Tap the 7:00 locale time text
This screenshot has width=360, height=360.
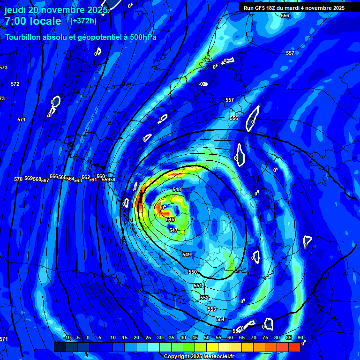[x=33, y=21]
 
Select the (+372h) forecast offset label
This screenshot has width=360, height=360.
[x=83, y=21]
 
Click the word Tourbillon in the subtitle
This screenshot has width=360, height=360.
[x=24, y=37]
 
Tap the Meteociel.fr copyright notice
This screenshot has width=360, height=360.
[x=199, y=356]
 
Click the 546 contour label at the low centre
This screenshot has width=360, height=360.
[x=170, y=219]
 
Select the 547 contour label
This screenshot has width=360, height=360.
[x=173, y=230]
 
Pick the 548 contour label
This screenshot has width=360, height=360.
[x=177, y=189]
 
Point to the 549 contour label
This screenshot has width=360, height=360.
[x=187, y=255]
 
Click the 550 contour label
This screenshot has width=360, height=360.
[x=193, y=272]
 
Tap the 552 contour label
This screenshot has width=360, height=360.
[x=204, y=298]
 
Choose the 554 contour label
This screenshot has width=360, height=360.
[x=220, y=319]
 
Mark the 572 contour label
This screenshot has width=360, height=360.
[x=15, y=84]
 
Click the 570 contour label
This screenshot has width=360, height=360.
[x=18, y=179]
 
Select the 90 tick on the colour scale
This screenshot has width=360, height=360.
[x=300, y=337]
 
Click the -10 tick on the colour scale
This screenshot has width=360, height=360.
[x=67, y=337]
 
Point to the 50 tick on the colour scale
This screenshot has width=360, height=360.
[x=207, y=337]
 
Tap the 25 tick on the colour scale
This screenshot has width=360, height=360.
[x=148, y=337]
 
